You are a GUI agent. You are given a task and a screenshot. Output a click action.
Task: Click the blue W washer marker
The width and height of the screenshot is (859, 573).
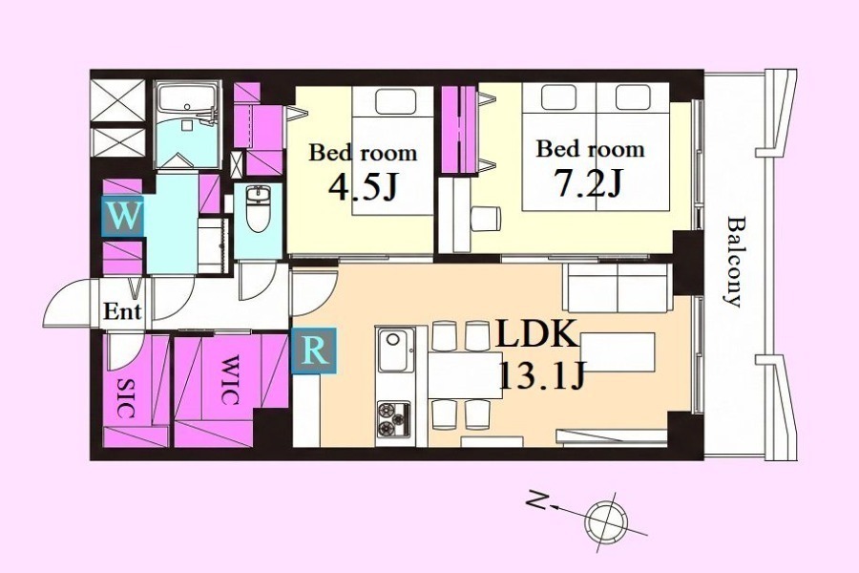[123, 216]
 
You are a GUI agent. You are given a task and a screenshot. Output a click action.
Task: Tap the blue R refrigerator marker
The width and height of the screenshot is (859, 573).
[314, 350]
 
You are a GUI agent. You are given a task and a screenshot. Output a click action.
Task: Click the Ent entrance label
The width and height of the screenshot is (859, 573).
[122, 312]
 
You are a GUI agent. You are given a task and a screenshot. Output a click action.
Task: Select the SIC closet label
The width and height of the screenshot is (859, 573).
[127, 398]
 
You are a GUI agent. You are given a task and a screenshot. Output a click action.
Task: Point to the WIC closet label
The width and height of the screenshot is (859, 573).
[231, 379]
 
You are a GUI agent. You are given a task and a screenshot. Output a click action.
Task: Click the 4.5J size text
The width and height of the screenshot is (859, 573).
[362, 187]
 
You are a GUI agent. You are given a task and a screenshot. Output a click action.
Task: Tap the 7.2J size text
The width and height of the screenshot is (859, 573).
[589, 183]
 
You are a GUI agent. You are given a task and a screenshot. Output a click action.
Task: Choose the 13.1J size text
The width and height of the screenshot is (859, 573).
[542, 376]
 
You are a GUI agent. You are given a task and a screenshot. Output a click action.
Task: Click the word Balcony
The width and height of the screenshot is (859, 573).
[735, 262]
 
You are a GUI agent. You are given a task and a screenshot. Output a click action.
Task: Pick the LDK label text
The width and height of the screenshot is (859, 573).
[537, 333]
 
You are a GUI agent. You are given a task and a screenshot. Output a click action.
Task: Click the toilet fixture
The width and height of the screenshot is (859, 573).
[258, 208]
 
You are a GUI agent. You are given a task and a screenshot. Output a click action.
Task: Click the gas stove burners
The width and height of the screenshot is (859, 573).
[393, 419]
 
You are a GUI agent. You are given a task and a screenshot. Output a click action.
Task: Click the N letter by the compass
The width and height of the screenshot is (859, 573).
[538, 500]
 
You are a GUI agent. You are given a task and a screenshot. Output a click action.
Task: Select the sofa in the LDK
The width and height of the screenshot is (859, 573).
[618, 288]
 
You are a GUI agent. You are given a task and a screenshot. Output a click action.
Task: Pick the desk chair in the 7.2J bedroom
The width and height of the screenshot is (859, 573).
[485, 219]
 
